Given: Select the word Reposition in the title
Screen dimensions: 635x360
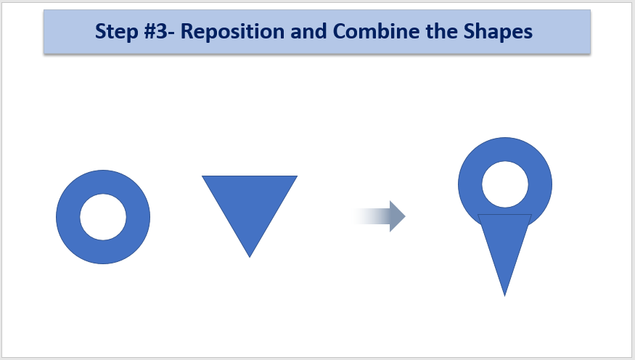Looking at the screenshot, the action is pos(232,32).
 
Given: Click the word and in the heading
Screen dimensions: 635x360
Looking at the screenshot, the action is pos(308,31).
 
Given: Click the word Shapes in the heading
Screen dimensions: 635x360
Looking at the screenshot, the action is pos(498,32).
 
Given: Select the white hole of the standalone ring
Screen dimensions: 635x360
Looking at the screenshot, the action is pos(103,217).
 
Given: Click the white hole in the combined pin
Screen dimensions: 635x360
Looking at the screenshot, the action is pos(505,184).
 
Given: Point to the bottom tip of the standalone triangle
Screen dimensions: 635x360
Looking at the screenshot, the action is pos(250,258).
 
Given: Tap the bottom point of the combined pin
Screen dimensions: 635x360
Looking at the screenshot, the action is pos(504,296).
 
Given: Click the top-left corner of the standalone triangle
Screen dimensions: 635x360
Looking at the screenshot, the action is pos(202,176).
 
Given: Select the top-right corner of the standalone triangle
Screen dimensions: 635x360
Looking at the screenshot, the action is pos(298,176).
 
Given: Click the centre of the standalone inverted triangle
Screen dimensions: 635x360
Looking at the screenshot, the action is pos(250,203).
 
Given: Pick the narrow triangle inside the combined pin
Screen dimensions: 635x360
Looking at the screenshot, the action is pos(504,242).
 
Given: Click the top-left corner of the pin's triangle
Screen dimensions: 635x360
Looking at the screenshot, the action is pos(478,215).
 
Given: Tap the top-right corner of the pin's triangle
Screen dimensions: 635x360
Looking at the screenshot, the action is pos(531,215).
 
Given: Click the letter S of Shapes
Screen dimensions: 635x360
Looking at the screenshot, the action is pos(470,31).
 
